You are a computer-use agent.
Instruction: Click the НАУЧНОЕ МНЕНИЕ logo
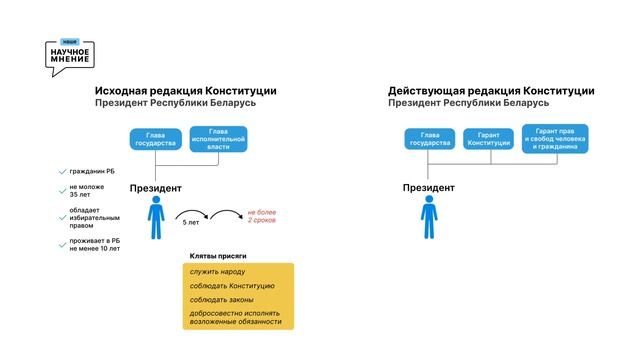click(69, 56)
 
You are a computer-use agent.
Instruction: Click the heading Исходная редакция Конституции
click(185, 90)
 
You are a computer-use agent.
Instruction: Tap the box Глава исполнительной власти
click(217, 139)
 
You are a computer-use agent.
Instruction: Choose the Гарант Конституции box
click(488, 139)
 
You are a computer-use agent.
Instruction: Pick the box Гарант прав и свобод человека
click(554, 139)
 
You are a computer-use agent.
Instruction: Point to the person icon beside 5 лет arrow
click(155, 217)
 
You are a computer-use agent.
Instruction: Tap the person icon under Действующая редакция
click(429, 217)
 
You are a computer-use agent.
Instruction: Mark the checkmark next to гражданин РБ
click(62, 171)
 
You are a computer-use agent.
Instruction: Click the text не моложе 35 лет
click(82, 191)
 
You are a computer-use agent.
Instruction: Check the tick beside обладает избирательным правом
click(62, 213)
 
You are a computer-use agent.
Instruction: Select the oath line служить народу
click(217, 272)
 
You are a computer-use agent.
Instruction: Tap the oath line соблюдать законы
click(221, 300)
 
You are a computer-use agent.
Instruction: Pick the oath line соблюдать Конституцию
click(225, 286)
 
